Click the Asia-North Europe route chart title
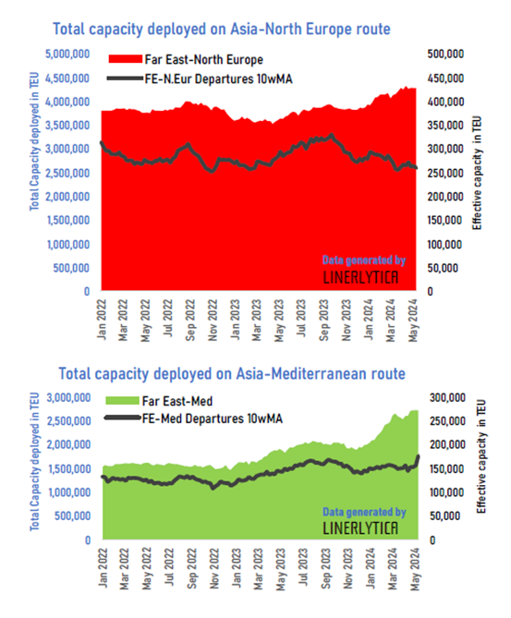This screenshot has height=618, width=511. [x=222, y=30]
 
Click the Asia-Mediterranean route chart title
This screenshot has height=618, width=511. [x=232, y=373]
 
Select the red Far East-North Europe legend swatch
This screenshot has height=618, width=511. [x=126, y=59]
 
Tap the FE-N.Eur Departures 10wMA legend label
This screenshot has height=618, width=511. [x=218, y=79]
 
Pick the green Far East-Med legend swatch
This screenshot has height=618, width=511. [x=123, y=401]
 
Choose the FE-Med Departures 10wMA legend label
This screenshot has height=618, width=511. [x=213, y=418]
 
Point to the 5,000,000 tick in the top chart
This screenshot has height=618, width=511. [x=67, y=54]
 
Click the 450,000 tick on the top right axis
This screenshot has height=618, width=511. [x=445, y=78]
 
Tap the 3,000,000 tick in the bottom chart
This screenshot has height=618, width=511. [x=68, y=397]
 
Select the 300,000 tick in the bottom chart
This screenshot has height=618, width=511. [x=447, y=397]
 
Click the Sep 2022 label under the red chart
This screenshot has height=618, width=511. [x=190, y=320]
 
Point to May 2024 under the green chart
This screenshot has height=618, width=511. [x=415, y=570]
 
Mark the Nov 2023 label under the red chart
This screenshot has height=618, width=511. [x=347, y=320]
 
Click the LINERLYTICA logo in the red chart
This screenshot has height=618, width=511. [x=360, y=277]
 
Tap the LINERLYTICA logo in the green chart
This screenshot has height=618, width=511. [x=360, y=528]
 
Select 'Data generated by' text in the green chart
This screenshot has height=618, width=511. [x=364, y=512]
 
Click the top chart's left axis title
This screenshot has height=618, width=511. [x=35, y=141]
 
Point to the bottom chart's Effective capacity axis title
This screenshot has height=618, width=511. [x=481, y=456]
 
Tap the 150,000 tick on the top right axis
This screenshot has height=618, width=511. [x=444, y=221]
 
